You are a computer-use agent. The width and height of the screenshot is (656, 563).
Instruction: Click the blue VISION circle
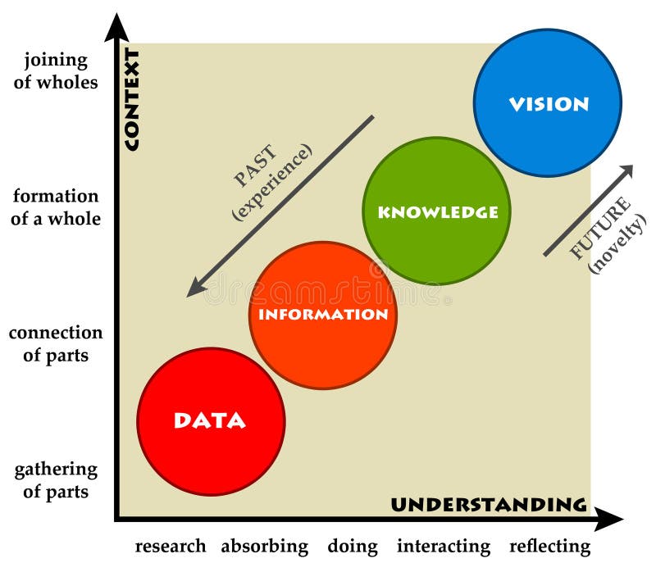click(x=548, y=103)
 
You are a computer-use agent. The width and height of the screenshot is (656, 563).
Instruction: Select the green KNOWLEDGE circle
click(x=436, y=211)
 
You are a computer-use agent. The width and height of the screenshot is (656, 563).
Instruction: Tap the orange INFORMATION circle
click(x=323, y=315)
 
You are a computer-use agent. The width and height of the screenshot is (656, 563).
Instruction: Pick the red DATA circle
click(x=211, y=421)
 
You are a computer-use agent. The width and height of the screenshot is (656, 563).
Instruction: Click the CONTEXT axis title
click(x=131, y=99)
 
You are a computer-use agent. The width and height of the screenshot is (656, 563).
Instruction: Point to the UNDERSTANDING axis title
click(x=488, y=504)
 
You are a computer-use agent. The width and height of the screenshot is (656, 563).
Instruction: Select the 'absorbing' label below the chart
click(x=264, y=546)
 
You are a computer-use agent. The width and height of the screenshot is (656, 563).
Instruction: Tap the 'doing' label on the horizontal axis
click(x=353, y=546)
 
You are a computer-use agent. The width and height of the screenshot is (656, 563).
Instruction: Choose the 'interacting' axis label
click(x=444, y=546)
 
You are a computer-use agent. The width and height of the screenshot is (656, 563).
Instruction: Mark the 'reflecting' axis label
click(x=549, y=546)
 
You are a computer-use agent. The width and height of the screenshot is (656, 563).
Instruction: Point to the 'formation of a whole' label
click(x=56, y=207)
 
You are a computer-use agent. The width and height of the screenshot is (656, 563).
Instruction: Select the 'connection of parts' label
click(x=56, y=344)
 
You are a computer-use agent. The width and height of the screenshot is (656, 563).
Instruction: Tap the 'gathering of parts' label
click(x=56, y=480)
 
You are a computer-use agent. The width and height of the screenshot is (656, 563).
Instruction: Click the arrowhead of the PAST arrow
click(x=195, y=288)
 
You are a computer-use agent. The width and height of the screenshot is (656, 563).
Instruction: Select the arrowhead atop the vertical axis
click(x=116, y=27)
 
